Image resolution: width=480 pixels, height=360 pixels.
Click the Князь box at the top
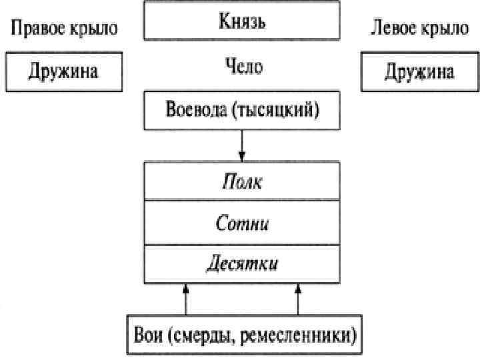(x=242, y=21)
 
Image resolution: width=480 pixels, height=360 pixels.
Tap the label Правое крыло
(x=64, y=28)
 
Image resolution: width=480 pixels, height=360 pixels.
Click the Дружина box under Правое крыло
(x=63, y=71)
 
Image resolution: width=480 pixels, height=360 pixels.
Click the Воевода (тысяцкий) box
(x=242, y=109)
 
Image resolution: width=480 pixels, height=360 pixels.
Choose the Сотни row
(x=242, y=223)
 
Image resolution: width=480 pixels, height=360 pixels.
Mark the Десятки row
(x=242, y=263)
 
